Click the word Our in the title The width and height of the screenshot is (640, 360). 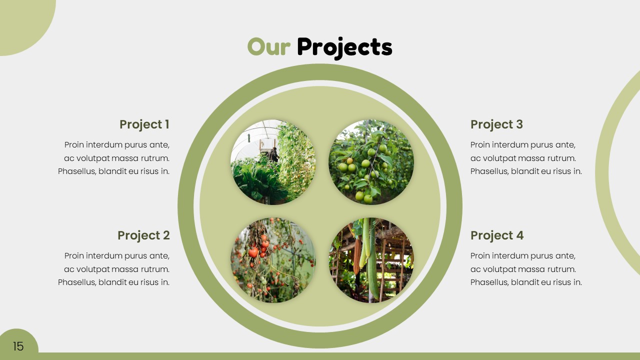[268, 47]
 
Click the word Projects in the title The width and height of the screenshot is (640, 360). [344, 47]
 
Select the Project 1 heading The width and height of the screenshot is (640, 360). [144, 124]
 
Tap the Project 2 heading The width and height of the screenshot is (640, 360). [143, 235]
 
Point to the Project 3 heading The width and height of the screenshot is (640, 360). [496, 124]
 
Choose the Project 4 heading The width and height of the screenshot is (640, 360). [497, 235]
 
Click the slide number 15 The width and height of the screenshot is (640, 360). [18, 346]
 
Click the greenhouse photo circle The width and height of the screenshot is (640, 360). [273, 162]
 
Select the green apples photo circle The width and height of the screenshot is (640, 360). [371, 162]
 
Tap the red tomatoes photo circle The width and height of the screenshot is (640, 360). [273, 260]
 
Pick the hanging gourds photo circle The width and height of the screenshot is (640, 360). [371, 260]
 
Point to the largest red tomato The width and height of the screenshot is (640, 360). [253, 252]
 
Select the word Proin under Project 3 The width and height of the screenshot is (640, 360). [480, 145]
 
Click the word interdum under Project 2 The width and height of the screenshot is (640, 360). [102, 256]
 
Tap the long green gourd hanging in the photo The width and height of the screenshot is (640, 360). [372, 270]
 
